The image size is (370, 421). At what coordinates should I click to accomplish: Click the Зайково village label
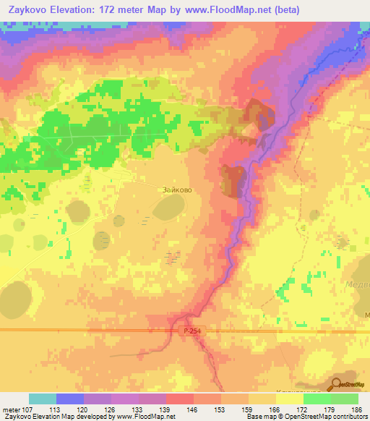click(177, 190)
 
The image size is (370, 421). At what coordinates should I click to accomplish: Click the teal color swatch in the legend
click(43, 399)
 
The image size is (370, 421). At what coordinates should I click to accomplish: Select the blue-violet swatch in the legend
click(70, 399)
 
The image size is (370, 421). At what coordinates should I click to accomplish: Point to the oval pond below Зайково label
click(168, 210)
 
